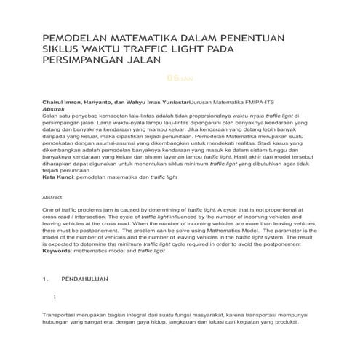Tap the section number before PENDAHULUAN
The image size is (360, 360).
coord(46,279)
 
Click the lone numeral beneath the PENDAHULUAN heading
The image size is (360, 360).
coord(55,297)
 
